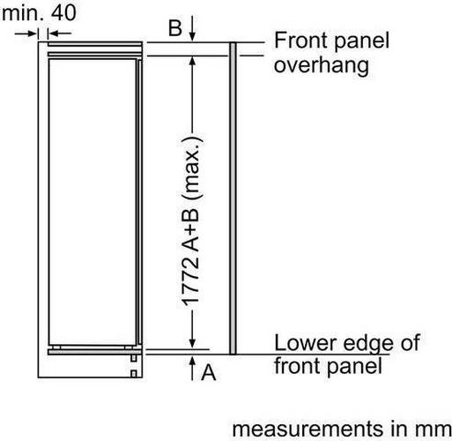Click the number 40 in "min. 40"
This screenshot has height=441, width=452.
[63, 12]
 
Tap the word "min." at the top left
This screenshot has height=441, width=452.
[23, 12]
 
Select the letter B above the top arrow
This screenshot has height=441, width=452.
[175, 28]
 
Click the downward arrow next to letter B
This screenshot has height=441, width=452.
[192, 28]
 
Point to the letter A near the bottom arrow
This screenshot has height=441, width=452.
[209, 372]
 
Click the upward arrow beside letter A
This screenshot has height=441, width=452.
[192, 368]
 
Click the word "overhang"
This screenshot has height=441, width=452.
[322, 66]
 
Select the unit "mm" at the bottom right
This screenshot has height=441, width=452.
[436, 430]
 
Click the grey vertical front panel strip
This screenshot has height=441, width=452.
[233, 198]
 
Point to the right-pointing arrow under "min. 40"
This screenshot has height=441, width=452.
[26, 34]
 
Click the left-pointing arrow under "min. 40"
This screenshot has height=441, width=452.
[60, 34]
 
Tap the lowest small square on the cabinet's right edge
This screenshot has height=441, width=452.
[134, 374]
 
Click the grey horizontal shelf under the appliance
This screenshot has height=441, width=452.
[95, 352]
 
